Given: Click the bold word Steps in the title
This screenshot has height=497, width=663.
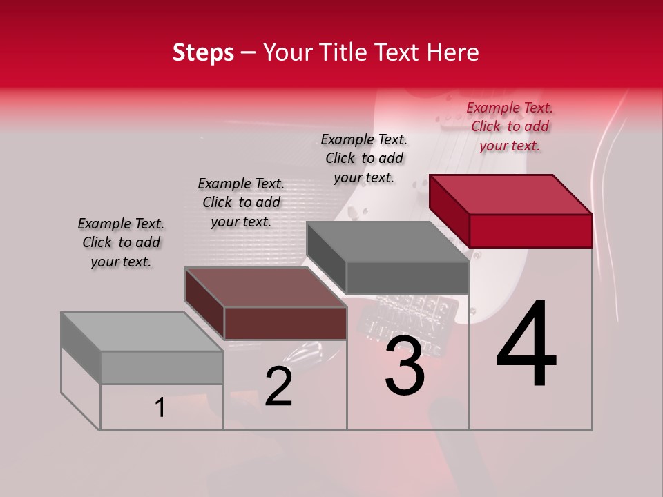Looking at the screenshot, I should pyautogui.click(x=203, y=52).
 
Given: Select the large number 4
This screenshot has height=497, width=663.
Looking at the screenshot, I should pyautogui.click(x=526, y=345).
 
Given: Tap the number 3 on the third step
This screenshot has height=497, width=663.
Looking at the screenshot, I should pyautogui.click(x=405, y=365).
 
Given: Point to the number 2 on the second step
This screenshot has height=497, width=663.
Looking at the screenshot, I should pyautogui.click(x=278, y=387).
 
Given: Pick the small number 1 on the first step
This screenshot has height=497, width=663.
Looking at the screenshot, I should pyautogui.click(x=160, y=408).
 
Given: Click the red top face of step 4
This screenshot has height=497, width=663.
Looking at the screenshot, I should pyautogui.click(x=511, y=194).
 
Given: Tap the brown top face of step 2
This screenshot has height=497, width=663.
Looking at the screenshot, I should pyautogui.click(x=266, y=287).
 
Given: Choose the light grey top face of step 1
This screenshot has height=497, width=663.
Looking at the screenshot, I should pyautogui.click(x=142, y=332).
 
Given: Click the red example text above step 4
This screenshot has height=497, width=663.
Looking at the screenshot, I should pyautogui.click(x=510, y=127).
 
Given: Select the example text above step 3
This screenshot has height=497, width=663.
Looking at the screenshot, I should pyautogui.click(x=364, y=158).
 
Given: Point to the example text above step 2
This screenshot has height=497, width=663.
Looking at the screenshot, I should pyautogui.click(x=241, y=202).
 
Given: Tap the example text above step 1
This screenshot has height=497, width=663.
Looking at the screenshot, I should pyautogui.click(x=121, y=242).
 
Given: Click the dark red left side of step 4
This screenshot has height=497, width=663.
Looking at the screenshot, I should pyautogui.click(x=449, y=211).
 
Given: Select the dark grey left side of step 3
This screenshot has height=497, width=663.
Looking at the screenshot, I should pyautogui.click(x=326, y=257).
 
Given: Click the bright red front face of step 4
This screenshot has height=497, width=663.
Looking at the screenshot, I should pyautogui.click(x=530, y=231).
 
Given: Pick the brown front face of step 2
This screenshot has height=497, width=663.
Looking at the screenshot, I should pyautogui.click(x=285, y=323).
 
